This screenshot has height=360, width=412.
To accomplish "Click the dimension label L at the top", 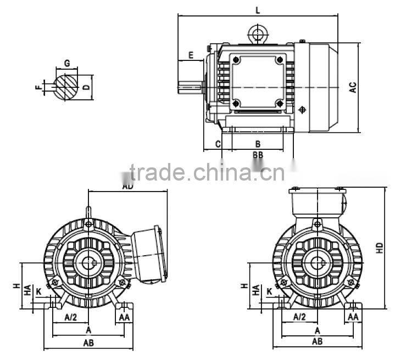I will pos(258,10).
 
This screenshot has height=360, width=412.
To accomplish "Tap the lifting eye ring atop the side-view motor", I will pos(257,33).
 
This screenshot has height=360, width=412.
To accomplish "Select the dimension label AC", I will pos(353,87).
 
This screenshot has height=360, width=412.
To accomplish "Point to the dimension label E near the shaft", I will pos(191,55).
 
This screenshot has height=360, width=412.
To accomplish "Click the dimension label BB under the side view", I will pos(258,155).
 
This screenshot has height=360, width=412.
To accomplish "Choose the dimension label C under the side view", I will pos(218,144).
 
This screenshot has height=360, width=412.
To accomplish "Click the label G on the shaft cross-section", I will pos(66,64).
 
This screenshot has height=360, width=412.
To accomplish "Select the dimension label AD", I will pos(127,187).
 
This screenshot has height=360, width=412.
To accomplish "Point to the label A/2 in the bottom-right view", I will pos(299,317).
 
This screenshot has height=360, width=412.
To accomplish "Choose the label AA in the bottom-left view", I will pos(124,317).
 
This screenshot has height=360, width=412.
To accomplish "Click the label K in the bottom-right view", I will pos(269,291).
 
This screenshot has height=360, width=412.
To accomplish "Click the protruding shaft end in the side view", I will pos(190,86).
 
